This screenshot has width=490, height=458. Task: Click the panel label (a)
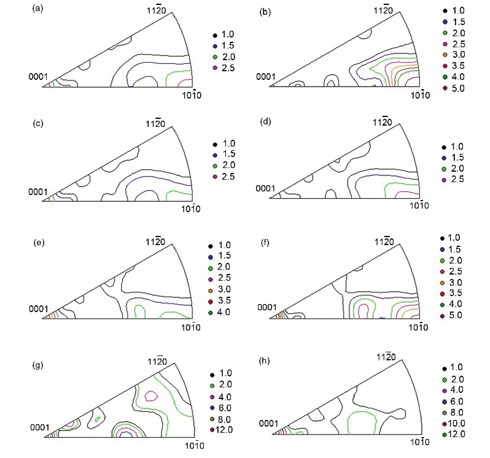(x=38, y=9)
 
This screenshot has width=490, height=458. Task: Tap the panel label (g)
(x=38, y=366)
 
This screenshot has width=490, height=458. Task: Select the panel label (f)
(x=265, y=243)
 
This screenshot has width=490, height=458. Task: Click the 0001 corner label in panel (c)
(x=38, y=192)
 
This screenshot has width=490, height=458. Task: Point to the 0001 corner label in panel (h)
(x=269, y=424)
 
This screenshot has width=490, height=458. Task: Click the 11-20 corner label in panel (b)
(x=383, y=10)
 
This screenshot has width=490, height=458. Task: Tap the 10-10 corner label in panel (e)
(x=191, y=327)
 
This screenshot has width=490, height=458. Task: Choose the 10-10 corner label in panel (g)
(x=195, y=445)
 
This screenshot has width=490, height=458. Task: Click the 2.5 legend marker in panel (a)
(x=215, y=68)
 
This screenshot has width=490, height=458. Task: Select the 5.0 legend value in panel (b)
(x=458, y=88)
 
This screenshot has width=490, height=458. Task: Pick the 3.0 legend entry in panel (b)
(x=454, y=55)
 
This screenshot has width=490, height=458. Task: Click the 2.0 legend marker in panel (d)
(x=444, y=169)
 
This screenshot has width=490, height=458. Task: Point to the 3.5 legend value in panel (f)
(x=456, y=293)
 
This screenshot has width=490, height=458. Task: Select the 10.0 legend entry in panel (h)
(x=454, y=424)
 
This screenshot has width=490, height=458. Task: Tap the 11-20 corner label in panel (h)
(x=386, y=357)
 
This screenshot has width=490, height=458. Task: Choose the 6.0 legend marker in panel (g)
(x=212, y=408)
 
